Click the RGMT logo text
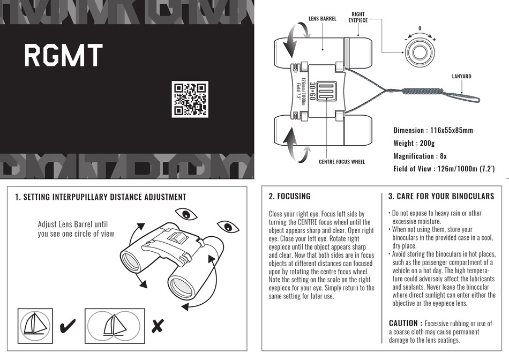click(x=63, y=56)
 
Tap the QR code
click(x=189, y=99)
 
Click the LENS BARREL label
click(x=323, y=19)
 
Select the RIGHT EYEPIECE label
click(x=358, y=17)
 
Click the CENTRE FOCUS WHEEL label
click(x=342, y=161)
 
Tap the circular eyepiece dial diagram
click(x=420, y=52)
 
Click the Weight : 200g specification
click(x=414, y=143)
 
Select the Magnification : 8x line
click(x=420, y=156)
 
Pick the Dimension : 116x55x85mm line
click(x=433, y=130)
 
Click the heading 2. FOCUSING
click(x=289, y=197)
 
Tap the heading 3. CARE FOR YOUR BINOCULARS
click(x=441, y=197)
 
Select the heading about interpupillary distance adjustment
click(x=101, y=197)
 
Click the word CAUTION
click(x=403, y=323)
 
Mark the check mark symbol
click(x=68, y=325)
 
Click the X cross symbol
click(x=158, y=325)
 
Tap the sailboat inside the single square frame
click(x=35, y=325)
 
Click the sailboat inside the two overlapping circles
click(x=114, y=325)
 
